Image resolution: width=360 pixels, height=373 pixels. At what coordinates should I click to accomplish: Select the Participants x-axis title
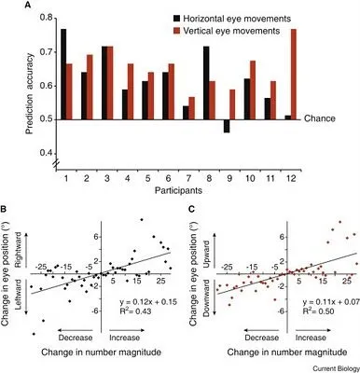click(177, 194)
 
